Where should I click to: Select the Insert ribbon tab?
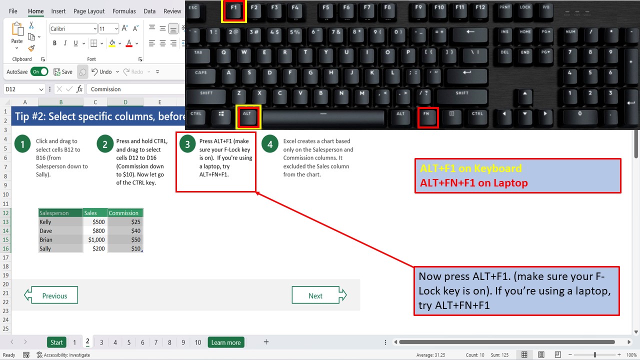point(58,11)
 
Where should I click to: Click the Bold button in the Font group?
point(55,43)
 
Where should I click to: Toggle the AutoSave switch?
point(39,71)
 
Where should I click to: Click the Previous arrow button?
point(51,295)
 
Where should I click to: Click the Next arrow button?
point(319,295)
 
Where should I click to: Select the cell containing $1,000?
point(95,239)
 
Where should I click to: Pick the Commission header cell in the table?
point(125,213)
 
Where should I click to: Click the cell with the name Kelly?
point(60,222)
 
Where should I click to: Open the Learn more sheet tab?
point(225,342)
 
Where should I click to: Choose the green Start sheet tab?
point(56,342)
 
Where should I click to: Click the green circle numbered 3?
point(187,145)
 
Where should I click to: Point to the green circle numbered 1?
point(22,145)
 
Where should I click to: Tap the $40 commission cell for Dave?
point(125,231)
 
